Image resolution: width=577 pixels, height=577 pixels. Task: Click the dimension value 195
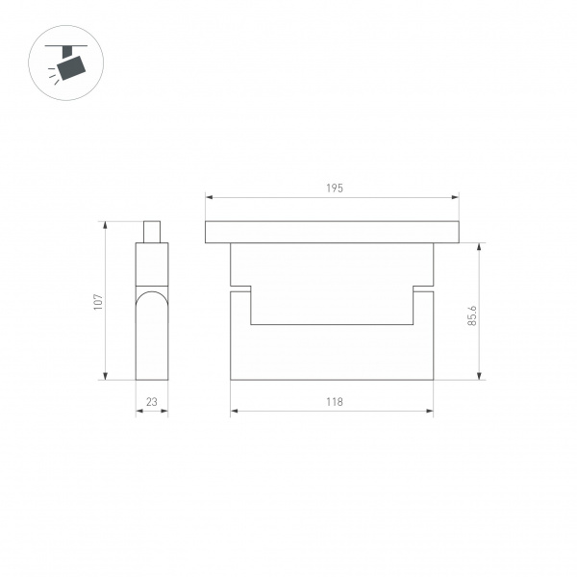(x=333, y=188)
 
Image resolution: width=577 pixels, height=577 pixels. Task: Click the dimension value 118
(x=333, y=402)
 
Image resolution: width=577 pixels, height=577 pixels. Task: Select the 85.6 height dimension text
(x=471, y=315)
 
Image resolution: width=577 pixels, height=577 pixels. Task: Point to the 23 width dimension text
(x=151, y=402)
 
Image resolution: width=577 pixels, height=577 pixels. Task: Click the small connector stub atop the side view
(x=151, y=232)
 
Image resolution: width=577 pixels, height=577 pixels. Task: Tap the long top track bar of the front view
(x=332, y=232)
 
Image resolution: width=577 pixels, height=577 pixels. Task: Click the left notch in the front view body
(x=241, y=289)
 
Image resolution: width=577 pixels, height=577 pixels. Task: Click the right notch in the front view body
(x=423, y=289)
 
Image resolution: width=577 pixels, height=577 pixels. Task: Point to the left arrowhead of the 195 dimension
(x=209, y=199)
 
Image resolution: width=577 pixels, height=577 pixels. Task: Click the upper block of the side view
(x=151, y=264)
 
